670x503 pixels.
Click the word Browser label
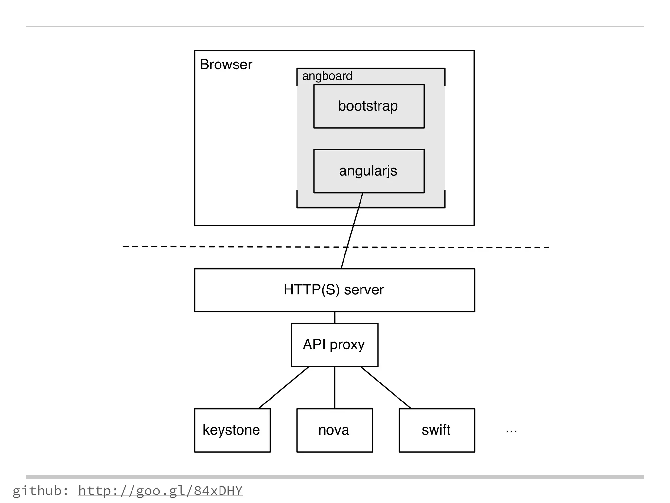click(226, 65)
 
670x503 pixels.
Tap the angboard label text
click(327, 76)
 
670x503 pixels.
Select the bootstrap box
click(369, 106)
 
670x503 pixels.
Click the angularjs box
click(369, 171)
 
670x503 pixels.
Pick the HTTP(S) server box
click(334, 290)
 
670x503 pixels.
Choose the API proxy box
click(334, 345)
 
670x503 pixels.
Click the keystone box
click(232, 430)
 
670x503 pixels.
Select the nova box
click(334, 430)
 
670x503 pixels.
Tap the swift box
click(437, 430)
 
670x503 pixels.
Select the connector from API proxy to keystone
click(283, 388)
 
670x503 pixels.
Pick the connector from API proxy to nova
click(335, 388)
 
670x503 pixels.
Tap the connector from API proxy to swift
click(386, 388)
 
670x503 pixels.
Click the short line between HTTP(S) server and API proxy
click(335, 318)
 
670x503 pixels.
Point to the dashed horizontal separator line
click(229, 247)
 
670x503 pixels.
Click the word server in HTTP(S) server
click(364, 290)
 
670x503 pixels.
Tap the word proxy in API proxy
click(347, 345)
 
